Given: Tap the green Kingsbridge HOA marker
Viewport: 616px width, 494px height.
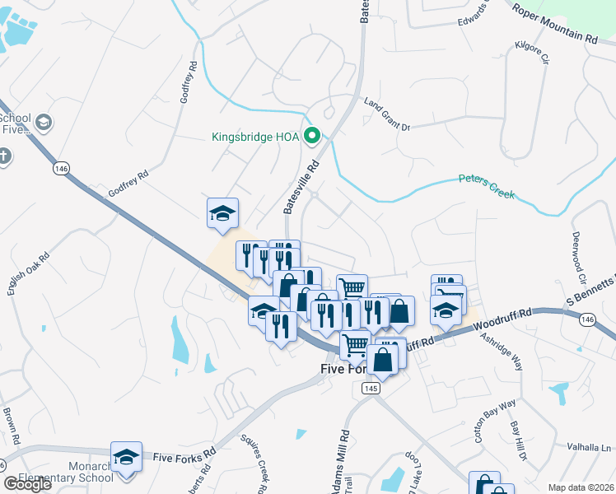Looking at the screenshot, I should pos(312,136).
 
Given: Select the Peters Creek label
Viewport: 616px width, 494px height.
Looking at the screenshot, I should pos(486,186).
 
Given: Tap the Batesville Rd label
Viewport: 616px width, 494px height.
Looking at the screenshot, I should pos(301,188).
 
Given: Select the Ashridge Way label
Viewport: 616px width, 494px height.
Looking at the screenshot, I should pos(502,352).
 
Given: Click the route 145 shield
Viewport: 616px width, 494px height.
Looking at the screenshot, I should pos(370,388).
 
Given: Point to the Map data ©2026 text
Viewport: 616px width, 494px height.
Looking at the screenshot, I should pos(581,487).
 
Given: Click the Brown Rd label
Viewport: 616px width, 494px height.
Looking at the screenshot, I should pos(9,425).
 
